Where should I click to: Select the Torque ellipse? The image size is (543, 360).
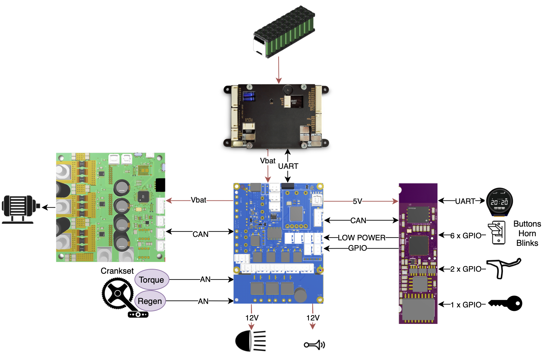152,280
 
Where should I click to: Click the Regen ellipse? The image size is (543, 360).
150,301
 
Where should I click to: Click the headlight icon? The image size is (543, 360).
250,341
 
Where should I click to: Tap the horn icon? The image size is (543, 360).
314,345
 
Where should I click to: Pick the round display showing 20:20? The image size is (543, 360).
499,202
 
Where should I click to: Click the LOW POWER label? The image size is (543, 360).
362,238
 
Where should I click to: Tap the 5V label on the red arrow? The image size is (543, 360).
357,201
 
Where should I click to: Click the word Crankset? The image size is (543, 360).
117,271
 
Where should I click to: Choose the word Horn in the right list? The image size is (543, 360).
527,233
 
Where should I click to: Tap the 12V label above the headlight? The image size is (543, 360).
252,318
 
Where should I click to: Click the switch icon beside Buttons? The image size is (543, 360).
497,232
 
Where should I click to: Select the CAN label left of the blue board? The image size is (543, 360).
200,234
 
